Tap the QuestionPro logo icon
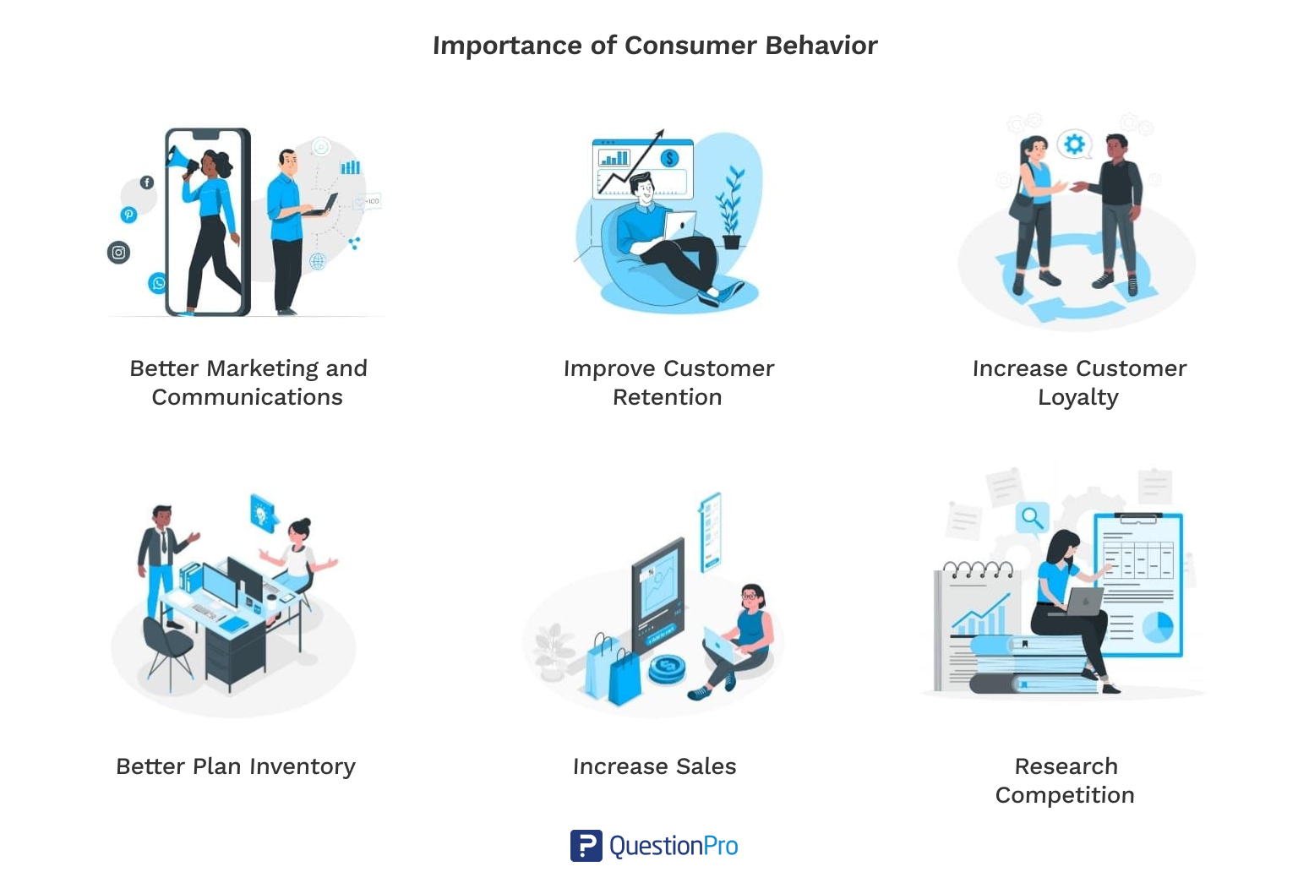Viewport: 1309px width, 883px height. click(586, 846)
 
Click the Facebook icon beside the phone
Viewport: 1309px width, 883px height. click(147, 182)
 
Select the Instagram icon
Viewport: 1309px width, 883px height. click(119, 252)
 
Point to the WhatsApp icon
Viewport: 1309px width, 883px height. click(158, 283)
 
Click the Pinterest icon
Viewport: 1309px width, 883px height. click(128, 215)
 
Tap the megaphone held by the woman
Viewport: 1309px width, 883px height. click(180, 158)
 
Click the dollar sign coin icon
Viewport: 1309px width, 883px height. click(669, 158)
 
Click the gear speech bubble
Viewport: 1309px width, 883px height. click(1074, 144)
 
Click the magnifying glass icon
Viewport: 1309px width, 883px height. click(1032, 516)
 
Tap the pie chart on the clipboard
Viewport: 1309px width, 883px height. click(1157, 626)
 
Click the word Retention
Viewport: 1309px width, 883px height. click(668, 397)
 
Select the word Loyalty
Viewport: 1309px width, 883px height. click(1078, 397)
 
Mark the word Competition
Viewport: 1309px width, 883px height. click(1065, 795)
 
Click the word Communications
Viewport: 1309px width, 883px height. click(248, 397)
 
